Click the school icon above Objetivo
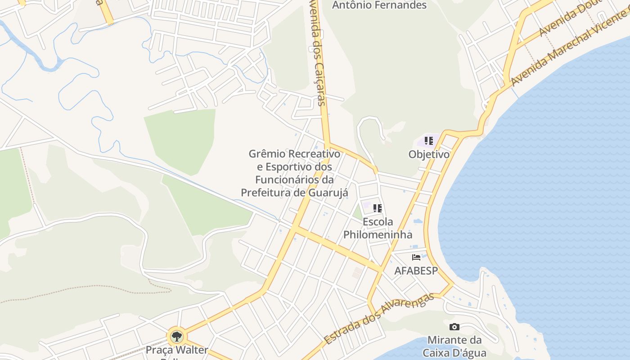point(428,140)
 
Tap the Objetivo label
point(428,154)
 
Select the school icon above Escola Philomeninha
point(378,208)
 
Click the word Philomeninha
point(378,234)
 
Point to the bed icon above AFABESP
point(416,257)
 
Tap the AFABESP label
point(416,271)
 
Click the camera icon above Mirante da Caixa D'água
point(454,327)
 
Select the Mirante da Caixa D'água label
point(454,346)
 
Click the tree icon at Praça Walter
point(176,336)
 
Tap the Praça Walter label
point(177,350)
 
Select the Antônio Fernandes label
point(379,5)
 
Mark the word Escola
point(378,222)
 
